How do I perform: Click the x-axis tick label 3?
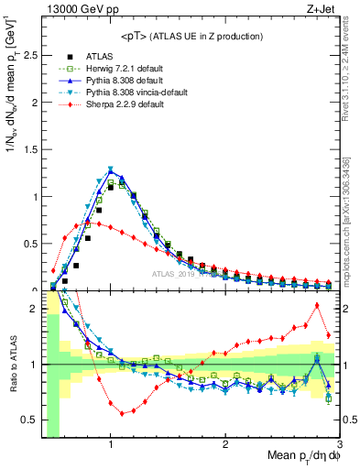click(x=339, y=444)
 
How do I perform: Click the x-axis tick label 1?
click(x=111, y=444)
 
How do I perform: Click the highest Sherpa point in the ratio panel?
click(x=317, y=305)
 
